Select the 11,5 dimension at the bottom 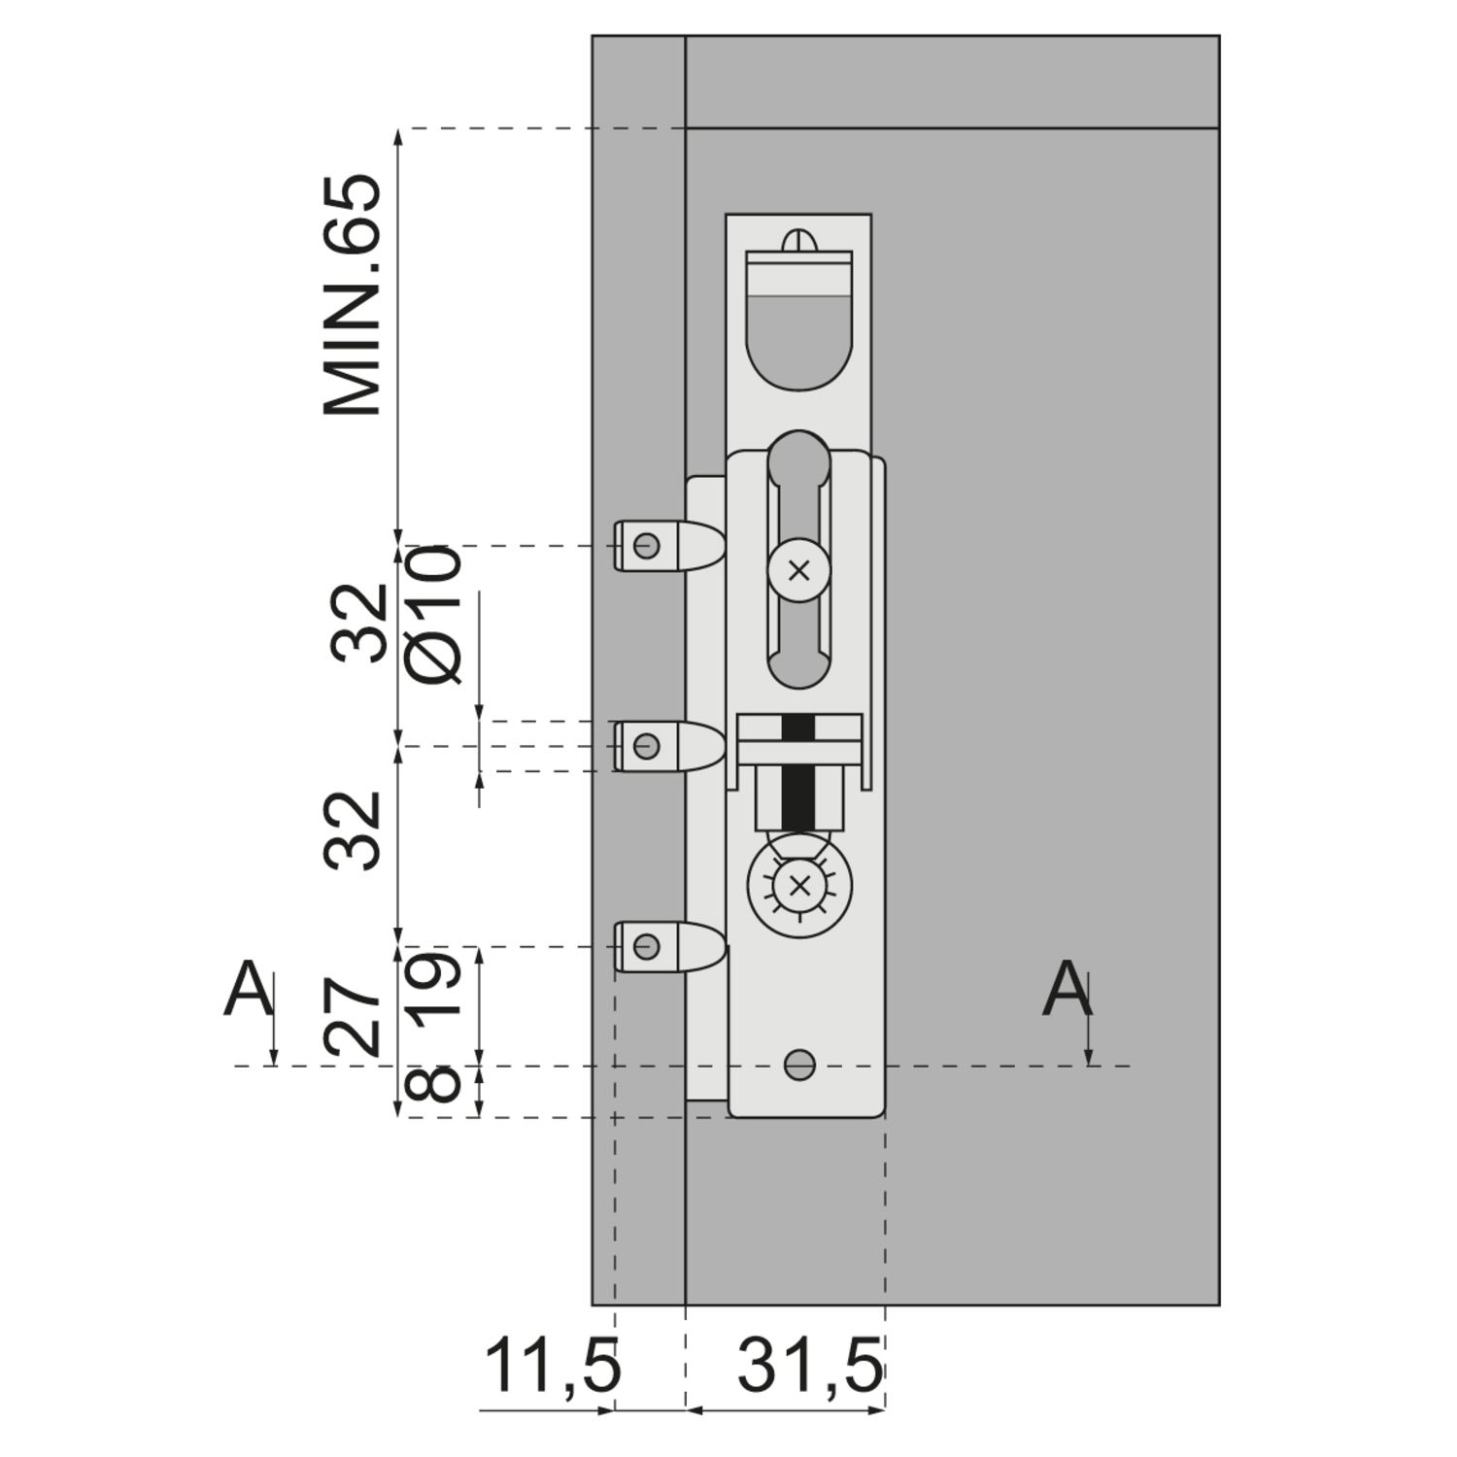552,1366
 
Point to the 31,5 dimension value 810,1366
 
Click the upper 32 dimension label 357,624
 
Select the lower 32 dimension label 352,830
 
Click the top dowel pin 668,546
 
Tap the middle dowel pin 668,746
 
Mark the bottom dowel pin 668,946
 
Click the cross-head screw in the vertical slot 798,571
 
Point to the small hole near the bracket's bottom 798,1065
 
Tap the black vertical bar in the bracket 798,772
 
